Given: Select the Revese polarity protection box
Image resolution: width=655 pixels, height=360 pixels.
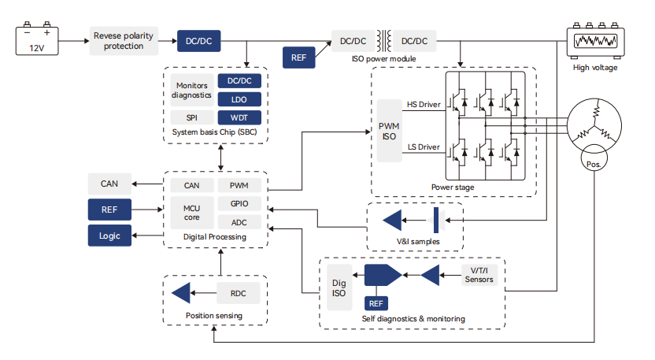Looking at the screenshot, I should pyautogui.click(x=124, y=41).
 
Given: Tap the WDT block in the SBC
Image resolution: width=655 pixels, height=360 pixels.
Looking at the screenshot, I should pyautogui.click(x=239, y=117).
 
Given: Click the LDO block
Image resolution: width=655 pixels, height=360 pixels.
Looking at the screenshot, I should pyautogui.click(x=239, y=99).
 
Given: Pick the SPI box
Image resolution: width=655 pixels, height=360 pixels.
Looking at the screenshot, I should pyautogui.click(x=191, y=117).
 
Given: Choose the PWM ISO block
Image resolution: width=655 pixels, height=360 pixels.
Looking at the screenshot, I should pyautogui.click(x=388, y=131).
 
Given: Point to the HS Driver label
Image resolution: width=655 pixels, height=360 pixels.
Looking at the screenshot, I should pyautogui.click(x=423, y=104).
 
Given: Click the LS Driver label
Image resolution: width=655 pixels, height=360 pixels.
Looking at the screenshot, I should pyautogui.click(x=423, y=147).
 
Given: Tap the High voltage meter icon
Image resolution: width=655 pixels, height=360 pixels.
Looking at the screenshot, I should pyautogui.click(x=594, y=42).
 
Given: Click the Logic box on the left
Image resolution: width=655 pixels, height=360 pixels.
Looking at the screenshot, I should pyautogui.click(x=109, y=235).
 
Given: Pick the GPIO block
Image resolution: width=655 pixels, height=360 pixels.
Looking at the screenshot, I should pyautogui.click(x=239, y=204).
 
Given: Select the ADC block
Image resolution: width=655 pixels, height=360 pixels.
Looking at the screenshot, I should pyautogui.click(x=239, y=223).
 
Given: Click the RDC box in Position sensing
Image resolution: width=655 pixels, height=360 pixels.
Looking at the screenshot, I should pyautogui.click(x=239, y=293).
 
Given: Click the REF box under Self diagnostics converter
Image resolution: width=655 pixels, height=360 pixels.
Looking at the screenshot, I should pyautogui.click(x=376, y=302).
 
